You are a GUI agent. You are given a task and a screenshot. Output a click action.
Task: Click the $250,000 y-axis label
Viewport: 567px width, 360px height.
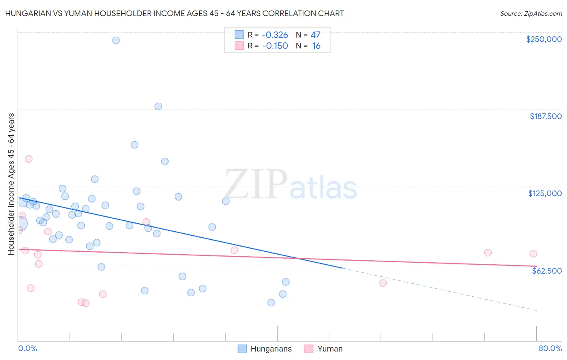tap(544, 39)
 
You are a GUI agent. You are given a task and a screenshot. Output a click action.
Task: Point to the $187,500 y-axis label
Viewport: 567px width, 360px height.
tap(545, 116)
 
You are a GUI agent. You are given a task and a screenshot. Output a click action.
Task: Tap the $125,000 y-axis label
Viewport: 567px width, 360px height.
tap(545, 193)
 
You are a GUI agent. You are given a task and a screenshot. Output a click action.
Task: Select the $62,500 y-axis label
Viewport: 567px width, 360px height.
tap(546, 271)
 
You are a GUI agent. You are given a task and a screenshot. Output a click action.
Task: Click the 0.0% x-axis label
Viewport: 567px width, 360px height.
tap(27, 348)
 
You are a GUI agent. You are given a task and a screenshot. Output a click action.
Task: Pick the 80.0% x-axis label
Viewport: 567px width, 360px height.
tap(550, 348)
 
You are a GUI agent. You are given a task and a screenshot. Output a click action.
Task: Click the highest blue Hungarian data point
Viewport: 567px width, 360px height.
tap(116, 40)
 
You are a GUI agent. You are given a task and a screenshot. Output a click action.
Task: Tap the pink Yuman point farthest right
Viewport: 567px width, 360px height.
tap(533, 254)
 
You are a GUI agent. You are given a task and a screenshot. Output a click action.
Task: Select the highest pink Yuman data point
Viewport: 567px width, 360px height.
tap(29, 159)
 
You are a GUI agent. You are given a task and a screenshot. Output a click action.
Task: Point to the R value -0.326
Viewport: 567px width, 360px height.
tap(275, 35)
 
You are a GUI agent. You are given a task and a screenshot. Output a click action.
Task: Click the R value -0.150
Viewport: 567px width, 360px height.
tap(275, 46)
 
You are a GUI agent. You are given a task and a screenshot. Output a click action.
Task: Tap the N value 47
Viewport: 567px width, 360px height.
tap(315, 35)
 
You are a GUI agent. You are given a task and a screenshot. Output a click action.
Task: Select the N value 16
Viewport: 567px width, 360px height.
tap(316, 46)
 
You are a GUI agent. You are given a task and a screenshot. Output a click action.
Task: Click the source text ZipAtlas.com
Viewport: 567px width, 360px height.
tap(531, 14)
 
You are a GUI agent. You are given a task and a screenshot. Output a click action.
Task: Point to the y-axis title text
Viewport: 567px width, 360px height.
tap(11, 184)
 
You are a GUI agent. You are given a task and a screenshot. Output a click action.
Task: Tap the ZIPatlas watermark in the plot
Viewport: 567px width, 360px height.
tap(290, 185)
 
